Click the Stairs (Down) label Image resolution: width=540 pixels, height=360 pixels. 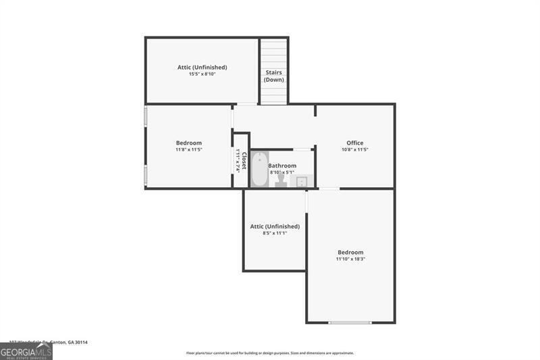[274, 76]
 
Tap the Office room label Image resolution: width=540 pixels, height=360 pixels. [355, 143]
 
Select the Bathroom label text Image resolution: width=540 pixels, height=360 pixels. [282, 165]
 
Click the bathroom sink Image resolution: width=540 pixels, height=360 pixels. [302, 180]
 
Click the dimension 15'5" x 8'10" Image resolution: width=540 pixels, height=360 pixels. [202, 74]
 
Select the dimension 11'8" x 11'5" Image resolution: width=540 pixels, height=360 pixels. [189, 149]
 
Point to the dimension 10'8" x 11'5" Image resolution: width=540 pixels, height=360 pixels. [355, 149]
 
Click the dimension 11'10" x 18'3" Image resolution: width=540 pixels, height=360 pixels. [350, 259]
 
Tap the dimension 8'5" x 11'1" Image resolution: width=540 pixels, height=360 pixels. [275, 233]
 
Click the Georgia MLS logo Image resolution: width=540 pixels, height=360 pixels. [26, 351]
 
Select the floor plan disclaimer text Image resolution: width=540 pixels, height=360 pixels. [270, 353]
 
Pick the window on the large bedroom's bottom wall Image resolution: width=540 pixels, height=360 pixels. [350, 323]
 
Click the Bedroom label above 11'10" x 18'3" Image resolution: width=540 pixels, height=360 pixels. [350, 252]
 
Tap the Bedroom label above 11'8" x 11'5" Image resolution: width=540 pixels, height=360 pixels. [189, 143]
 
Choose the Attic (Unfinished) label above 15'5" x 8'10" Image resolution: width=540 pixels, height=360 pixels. [202, 67]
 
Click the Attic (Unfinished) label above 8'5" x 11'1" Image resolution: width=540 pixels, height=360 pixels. [275, 226]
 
